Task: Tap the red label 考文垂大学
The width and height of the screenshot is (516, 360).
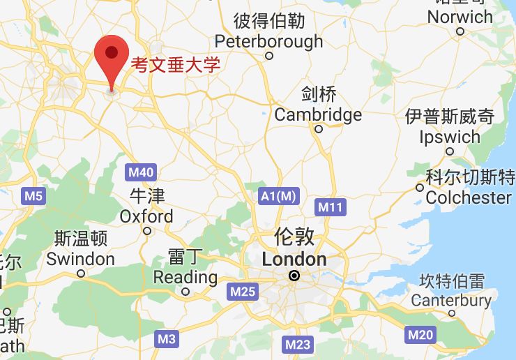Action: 176,66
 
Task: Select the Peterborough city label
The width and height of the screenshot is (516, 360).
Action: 268,41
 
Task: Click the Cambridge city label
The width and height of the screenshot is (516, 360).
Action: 318,114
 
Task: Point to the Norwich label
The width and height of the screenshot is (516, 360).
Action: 460,17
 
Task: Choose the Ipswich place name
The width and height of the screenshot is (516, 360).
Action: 450,137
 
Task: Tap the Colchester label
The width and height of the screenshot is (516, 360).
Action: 469,197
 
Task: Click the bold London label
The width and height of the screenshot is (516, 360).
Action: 294,260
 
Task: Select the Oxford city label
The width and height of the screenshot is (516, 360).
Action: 146,216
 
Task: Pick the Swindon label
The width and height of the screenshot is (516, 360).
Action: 80,259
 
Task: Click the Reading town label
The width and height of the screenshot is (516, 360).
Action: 185,277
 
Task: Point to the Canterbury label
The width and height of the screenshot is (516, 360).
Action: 451,301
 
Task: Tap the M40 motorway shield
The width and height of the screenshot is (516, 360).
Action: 142,172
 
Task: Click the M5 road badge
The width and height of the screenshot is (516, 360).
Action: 33,195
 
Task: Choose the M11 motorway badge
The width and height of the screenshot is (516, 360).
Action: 331,207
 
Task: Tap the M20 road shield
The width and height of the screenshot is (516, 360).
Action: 420,335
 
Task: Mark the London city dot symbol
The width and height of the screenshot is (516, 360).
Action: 295,276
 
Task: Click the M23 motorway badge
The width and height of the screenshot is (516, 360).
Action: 298,344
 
